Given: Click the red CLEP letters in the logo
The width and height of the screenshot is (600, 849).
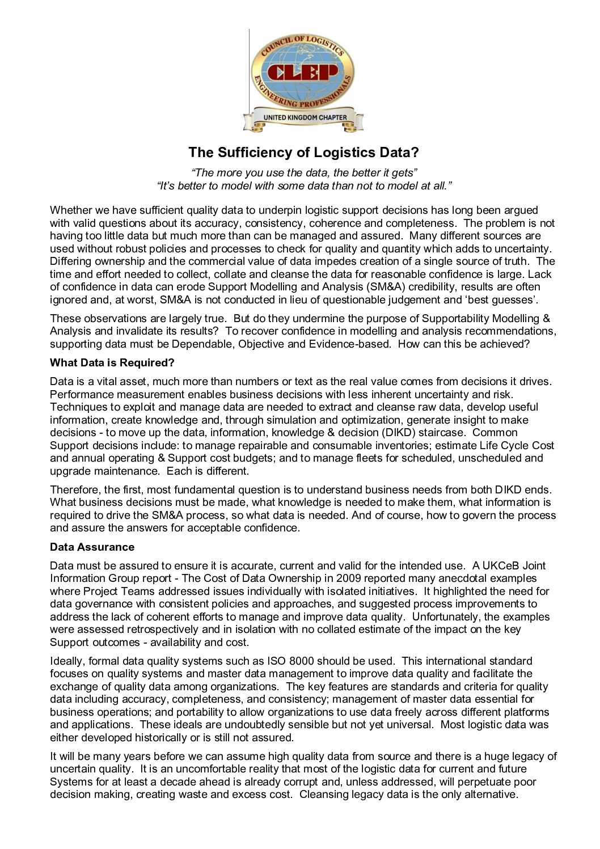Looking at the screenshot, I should pos(302,73).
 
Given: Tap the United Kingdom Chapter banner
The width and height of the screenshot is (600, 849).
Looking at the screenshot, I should pos(304,117).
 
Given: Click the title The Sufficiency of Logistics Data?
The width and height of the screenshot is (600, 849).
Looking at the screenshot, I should pos(303,153).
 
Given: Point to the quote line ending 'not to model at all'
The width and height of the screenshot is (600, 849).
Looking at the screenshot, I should pos(304,185).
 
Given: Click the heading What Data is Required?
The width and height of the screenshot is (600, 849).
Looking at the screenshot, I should pos(112,362).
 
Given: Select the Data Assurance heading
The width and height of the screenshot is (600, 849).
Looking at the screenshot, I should pos(92,547).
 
